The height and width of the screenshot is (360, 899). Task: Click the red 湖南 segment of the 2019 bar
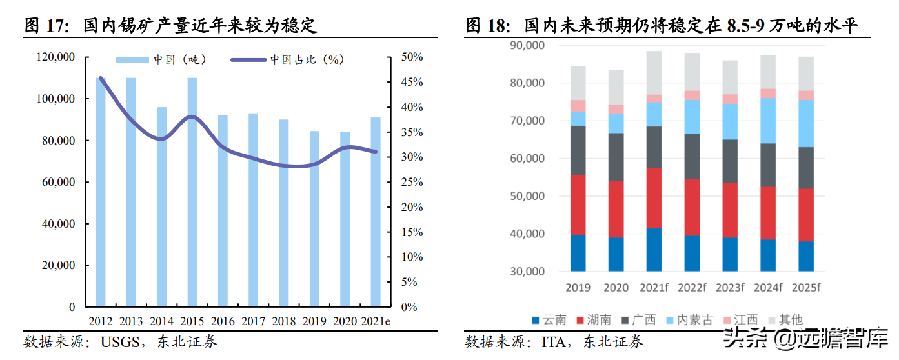(578, 205)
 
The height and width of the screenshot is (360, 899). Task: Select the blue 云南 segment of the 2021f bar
(654, 250)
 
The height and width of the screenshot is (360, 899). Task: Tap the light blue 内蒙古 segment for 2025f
(805, 123)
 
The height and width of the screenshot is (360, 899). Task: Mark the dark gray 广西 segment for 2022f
(692, 156)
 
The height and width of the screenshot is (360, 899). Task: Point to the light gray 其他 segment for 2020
(616, 87)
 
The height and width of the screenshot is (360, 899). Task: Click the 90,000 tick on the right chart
(527, 46)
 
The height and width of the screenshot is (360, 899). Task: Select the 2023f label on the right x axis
(730, 286)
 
